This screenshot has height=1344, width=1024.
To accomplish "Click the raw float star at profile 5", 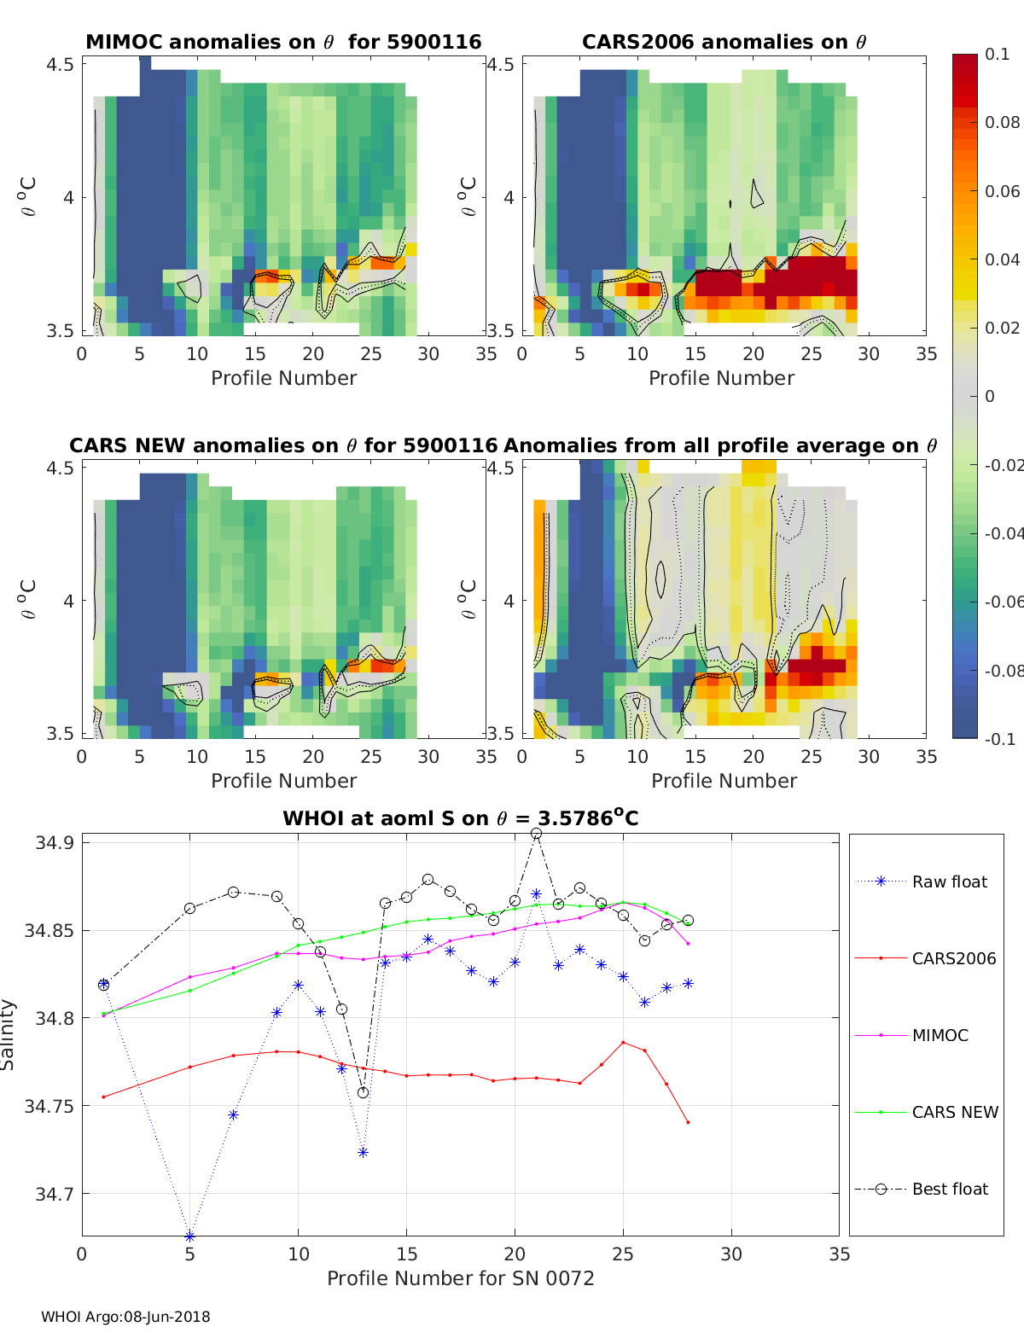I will (189, 1236).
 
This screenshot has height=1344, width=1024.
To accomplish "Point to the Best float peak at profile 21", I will (536, 834).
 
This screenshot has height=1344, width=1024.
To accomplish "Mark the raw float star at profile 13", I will (363, 1152).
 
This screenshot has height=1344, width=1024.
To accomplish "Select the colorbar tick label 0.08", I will (1002, 122).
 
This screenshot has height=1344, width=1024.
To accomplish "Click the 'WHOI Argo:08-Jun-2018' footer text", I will (125, 1317).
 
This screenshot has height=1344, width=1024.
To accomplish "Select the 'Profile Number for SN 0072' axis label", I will (460, 1278).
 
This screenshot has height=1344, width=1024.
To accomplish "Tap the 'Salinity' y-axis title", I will (9, 1034).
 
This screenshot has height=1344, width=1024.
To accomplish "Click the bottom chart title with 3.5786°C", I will (460, 818).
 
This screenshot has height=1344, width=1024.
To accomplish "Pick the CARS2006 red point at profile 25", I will (623, 1042).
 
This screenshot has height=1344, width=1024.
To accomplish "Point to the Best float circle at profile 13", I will (363, 1092).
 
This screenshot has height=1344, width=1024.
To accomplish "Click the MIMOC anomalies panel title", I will (283, 42).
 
